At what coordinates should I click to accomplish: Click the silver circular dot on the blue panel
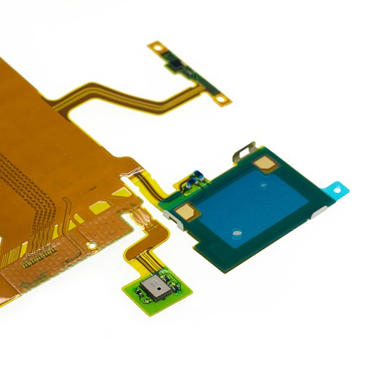(236, 232)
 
